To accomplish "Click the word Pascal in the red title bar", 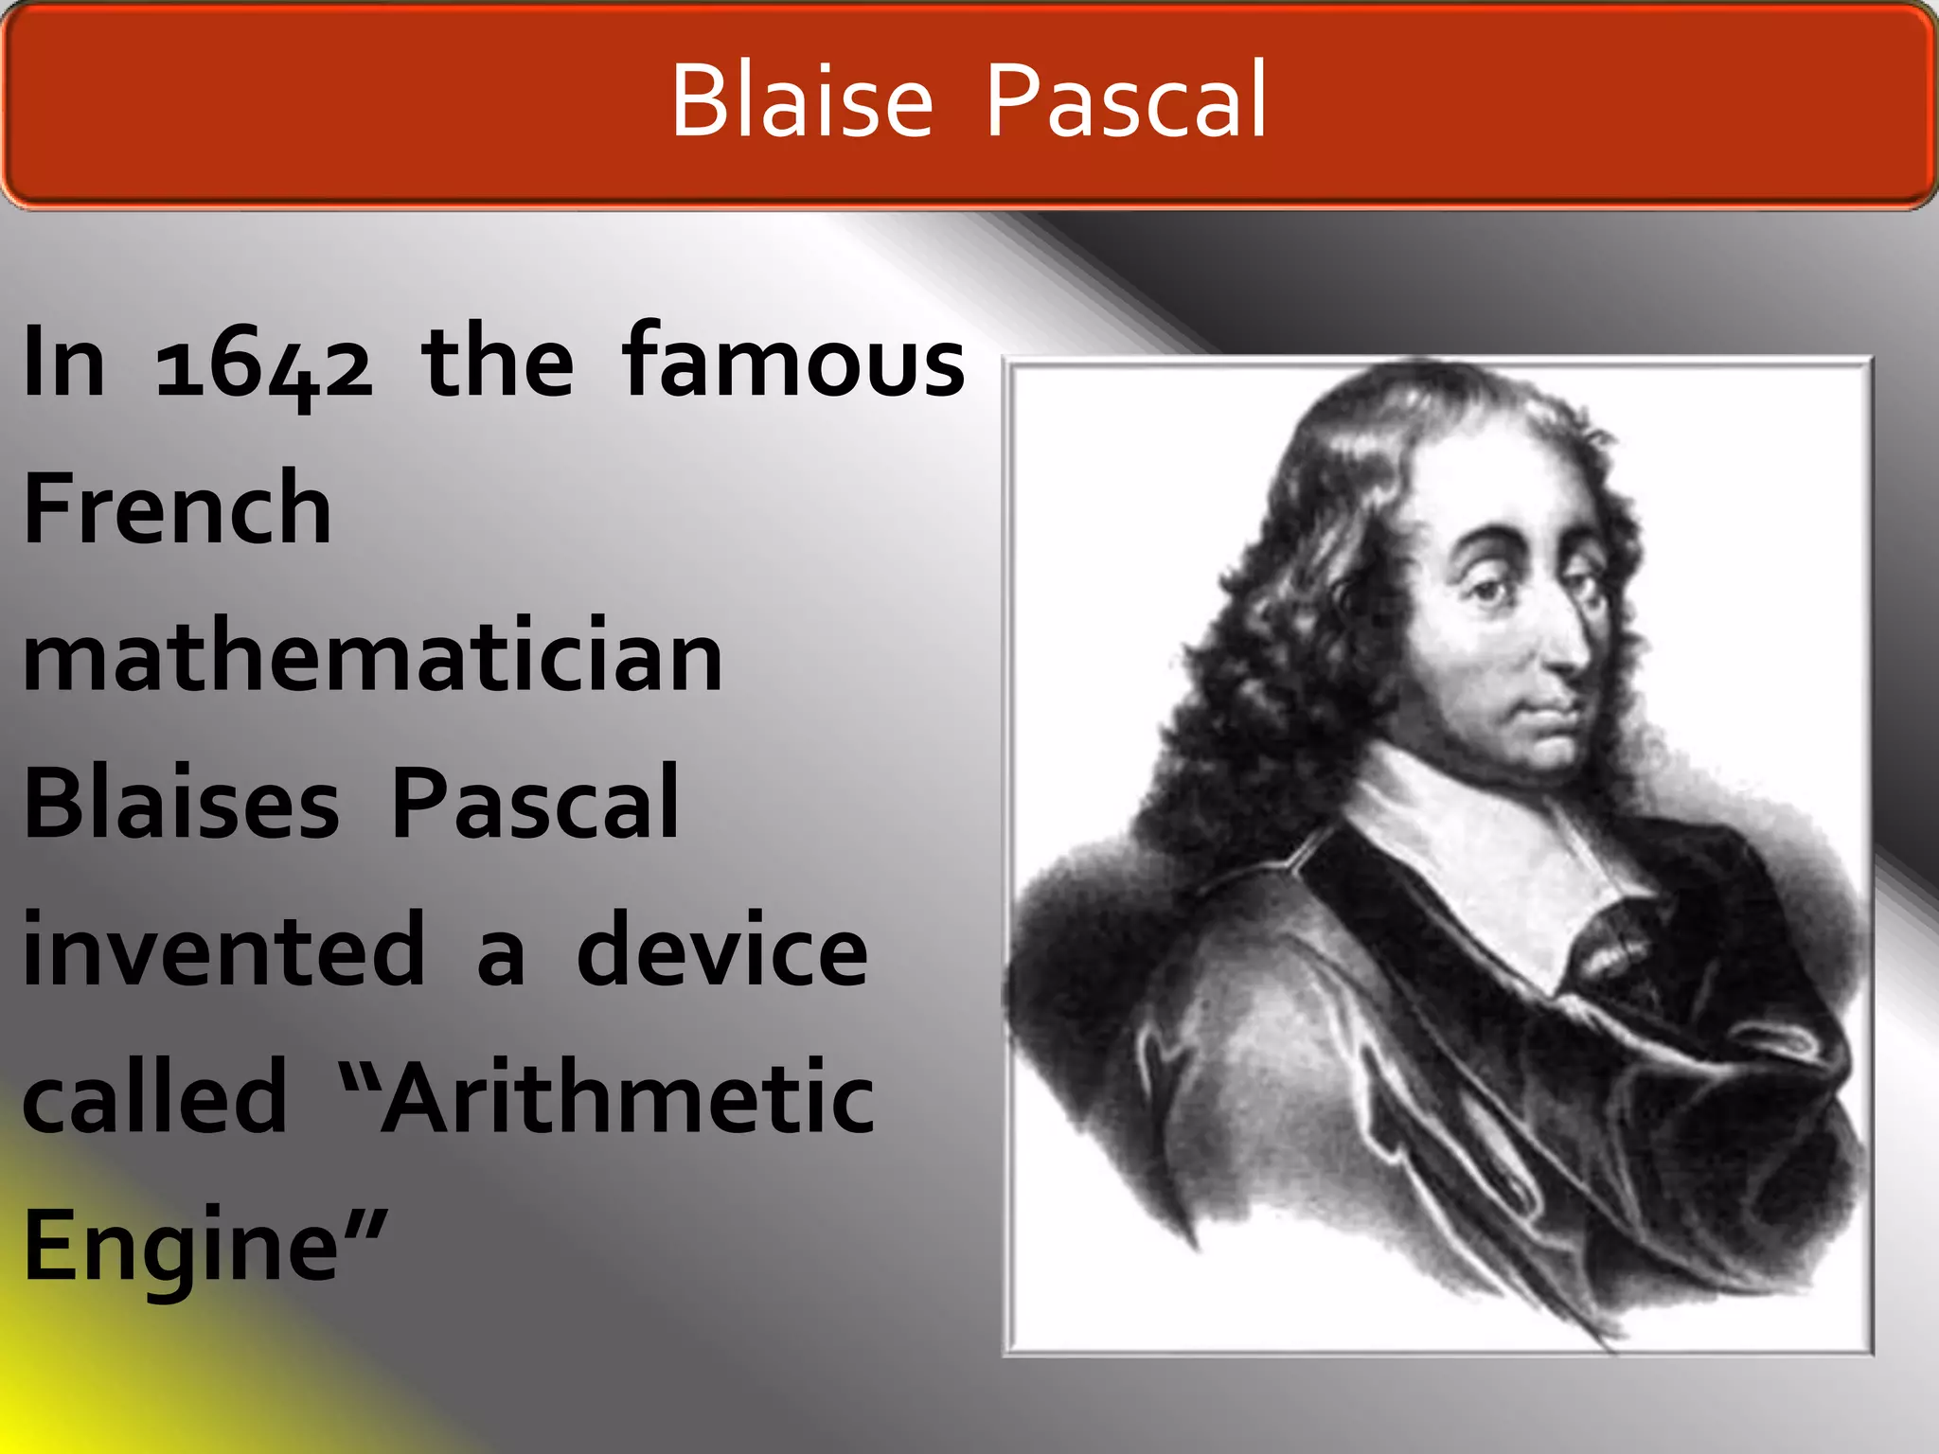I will (x=1125, y=100).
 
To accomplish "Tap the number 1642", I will (x=264, y=364).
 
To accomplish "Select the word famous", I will (x=793, y=361).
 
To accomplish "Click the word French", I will (x=177, y=508).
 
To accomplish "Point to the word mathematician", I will (x=372, y=656).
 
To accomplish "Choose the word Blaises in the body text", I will (x=181, y=804).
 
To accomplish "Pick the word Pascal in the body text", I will (x=535, y=804).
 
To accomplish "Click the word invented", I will (x=224, y=949).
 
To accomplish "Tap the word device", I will (x=721, y=949).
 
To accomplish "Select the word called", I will (x=154, y=1097).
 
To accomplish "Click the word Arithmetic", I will (x=627, y=1097).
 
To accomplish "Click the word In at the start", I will (x=63, y=363).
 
